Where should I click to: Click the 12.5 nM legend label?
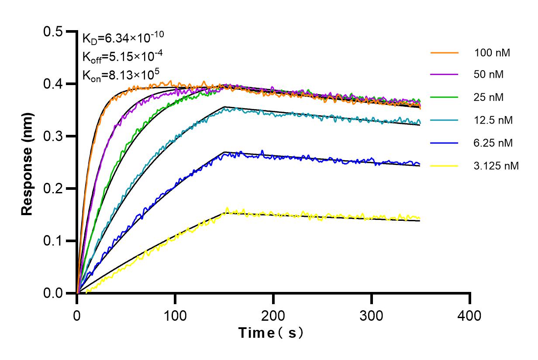pos(493,120)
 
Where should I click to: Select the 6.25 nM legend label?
pos(493,143)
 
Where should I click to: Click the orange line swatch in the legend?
pos(445,53)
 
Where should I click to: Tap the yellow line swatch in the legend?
pos(445,166)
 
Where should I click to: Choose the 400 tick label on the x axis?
pos(470,315)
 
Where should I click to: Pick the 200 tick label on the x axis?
pos(273,315)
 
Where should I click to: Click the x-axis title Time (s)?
pos(271,333)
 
